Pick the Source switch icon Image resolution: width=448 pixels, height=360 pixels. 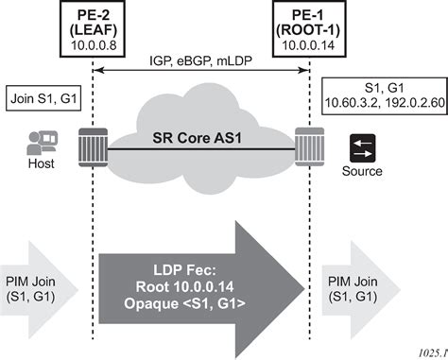coord(362,146)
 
